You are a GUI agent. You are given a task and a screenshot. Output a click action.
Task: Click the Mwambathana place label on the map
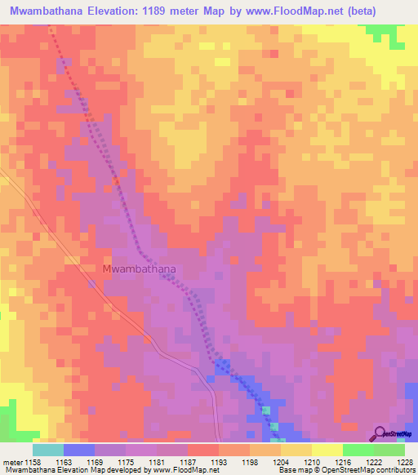(x=140, y=268)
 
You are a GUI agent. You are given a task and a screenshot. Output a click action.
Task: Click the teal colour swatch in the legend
(x=48, y=449)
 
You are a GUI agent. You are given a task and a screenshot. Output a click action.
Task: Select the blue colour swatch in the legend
(x=79, y=449)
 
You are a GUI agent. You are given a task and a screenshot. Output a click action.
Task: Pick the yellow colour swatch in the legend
(x=327, y=449)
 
